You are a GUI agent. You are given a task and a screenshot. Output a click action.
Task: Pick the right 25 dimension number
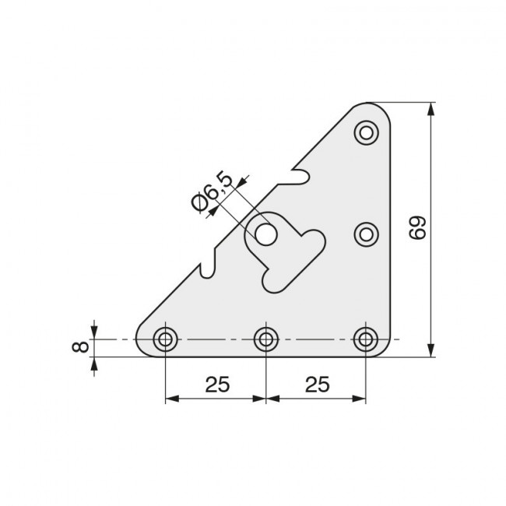coord(316,384)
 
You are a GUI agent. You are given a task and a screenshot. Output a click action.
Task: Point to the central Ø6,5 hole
coord(266,234)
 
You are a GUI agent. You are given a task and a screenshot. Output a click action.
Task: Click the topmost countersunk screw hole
coord(365,133)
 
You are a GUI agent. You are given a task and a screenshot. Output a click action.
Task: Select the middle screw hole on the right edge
coord(365,234)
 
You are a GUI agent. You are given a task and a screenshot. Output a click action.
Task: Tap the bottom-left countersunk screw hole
coord(165,339)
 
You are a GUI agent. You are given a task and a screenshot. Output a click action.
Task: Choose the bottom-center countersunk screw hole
coord(266,339)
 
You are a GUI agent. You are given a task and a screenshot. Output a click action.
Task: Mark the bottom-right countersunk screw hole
coord(365,339)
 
